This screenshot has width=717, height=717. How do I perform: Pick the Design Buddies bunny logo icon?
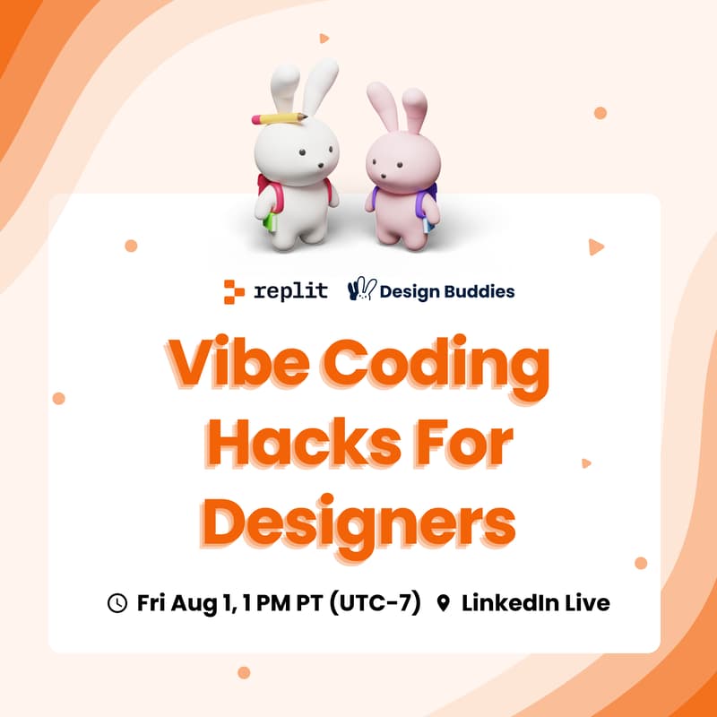360,289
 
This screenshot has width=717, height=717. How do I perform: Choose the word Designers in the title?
358,520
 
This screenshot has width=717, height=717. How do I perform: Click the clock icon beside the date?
117,603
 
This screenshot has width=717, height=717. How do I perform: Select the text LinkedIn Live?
535,603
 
